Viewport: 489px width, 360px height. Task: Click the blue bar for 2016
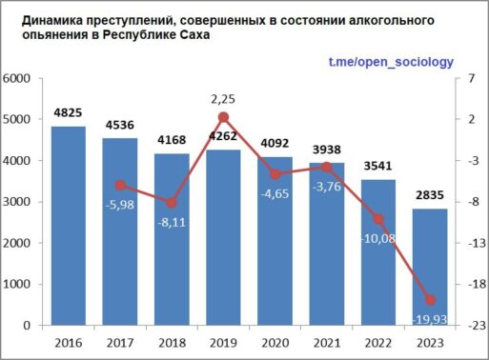[x=69, y=226]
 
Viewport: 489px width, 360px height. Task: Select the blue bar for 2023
[x=430, y=267]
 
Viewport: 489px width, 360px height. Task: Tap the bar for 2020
[x=275, y=241]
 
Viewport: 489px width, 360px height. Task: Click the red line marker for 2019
[x=223, y=117]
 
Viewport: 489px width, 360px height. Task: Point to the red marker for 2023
[x=430, y=300]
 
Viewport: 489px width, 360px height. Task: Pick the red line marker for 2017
[x=120, y=186]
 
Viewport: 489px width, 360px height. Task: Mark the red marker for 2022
[x=378, y=219]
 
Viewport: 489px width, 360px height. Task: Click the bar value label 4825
[x=68, y=112]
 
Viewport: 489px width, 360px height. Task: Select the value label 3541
[x=377, y=166]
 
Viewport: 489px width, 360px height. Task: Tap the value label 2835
[x=430, y=195]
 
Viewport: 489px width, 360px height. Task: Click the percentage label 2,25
[x=223, y=99]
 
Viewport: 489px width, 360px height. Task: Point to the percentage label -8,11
[x=172, y=222]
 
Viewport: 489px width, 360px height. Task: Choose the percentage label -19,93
[x=430, y=319]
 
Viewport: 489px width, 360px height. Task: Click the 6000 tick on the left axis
[x=16, y=78]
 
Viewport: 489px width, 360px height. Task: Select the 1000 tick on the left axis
[x=16, y=284]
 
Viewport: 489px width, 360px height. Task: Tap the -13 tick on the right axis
[x=477, y=243]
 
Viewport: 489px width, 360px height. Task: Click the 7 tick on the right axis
[x=471, y=78]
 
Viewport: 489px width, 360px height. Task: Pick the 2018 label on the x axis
[x=172, y=343]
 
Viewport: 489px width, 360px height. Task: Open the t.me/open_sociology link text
[x=391, y=62]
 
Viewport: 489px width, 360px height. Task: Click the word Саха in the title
[x=195, y=35]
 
